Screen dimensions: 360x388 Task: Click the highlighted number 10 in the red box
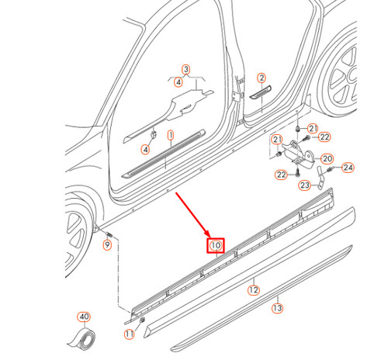pyautogui.click(x=215, y=246)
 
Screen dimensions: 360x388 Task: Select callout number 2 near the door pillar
pyautogui.click(x=262, y=78)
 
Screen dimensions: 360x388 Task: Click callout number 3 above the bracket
pyautogui.click(x=186, y=70)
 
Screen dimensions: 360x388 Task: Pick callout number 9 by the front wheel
pyautogui.click(x=107, y=245)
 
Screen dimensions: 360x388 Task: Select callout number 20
pyautogui.click(x=327, y=157)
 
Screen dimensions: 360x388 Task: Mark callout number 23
pyautogui.click(x=304, y=185)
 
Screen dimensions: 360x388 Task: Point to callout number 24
pyautogui.click(x=348, y=167)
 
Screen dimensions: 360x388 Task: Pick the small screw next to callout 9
pyautogui.click(x=109, y=234)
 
